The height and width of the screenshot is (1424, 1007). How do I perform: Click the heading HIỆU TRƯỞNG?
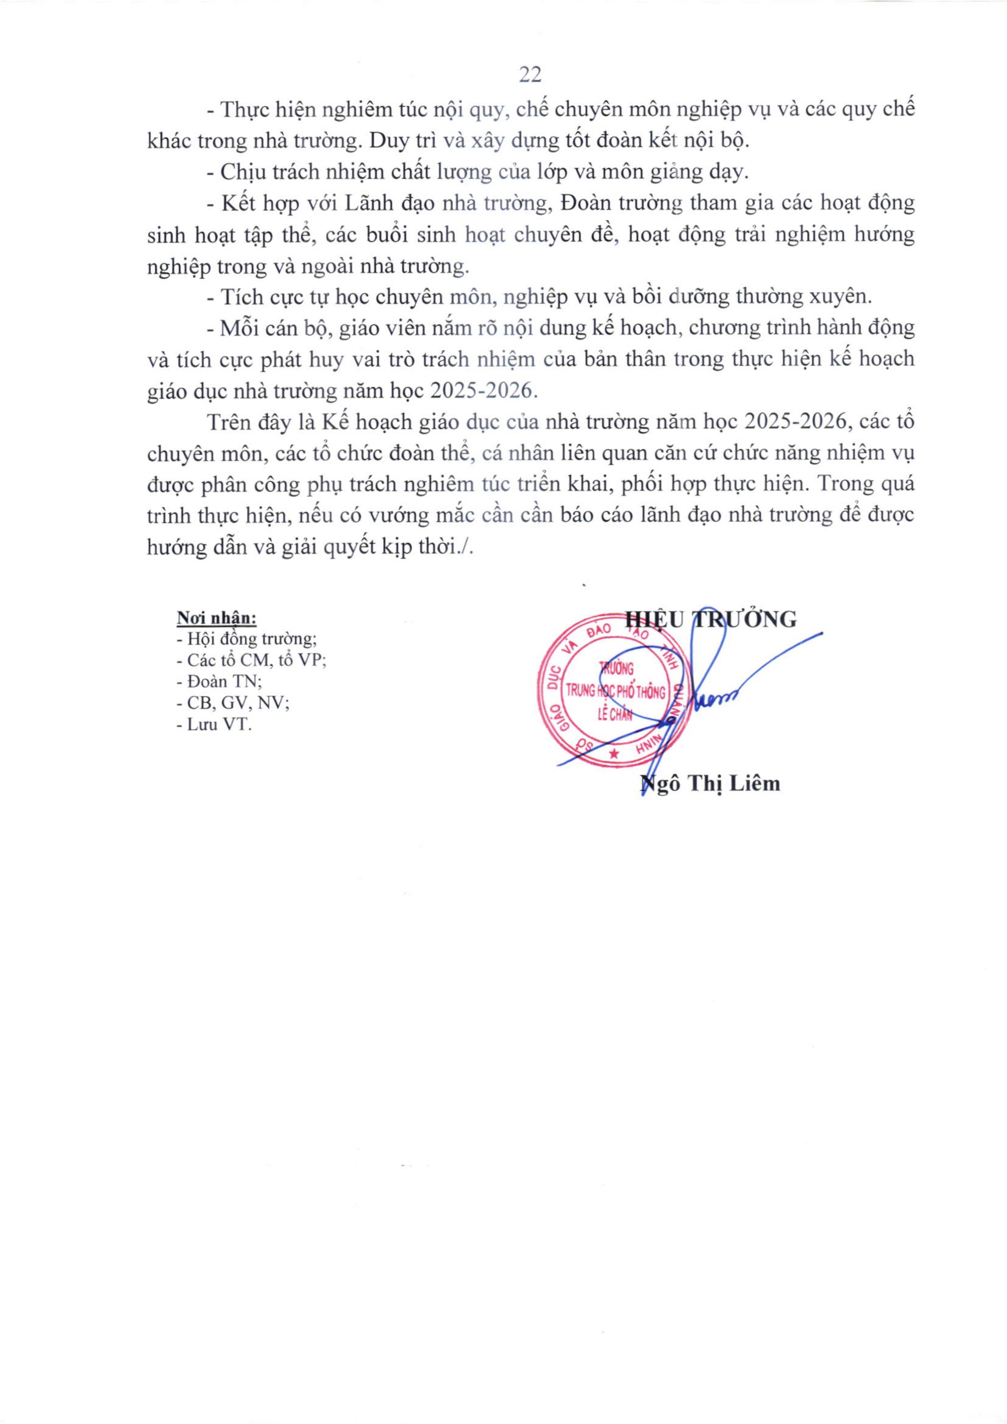click(710, 619)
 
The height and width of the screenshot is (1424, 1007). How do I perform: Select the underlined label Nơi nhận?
click(216, 618)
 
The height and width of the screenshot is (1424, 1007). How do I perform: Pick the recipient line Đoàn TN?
click(219, 681)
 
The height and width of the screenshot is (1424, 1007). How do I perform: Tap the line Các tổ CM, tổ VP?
click(252, 660)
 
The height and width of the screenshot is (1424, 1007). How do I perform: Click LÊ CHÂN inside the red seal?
click(614, 714)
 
